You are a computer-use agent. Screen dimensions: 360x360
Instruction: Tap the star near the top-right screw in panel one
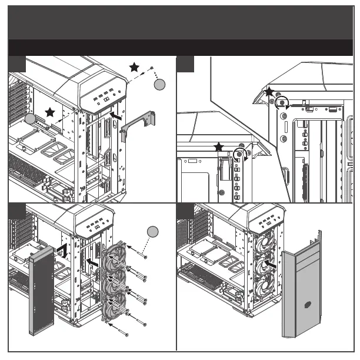(135, 68)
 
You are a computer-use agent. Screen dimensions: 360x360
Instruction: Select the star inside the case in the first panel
(50, 112)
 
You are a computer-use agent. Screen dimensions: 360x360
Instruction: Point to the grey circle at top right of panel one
(159, 85)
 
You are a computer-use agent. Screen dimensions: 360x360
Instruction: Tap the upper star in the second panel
(269, 92)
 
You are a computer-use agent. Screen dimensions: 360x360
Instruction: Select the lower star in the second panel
(219, 146)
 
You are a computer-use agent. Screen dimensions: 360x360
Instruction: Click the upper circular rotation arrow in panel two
(283, 102)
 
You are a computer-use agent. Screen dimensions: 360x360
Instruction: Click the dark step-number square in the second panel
(185, 64)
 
